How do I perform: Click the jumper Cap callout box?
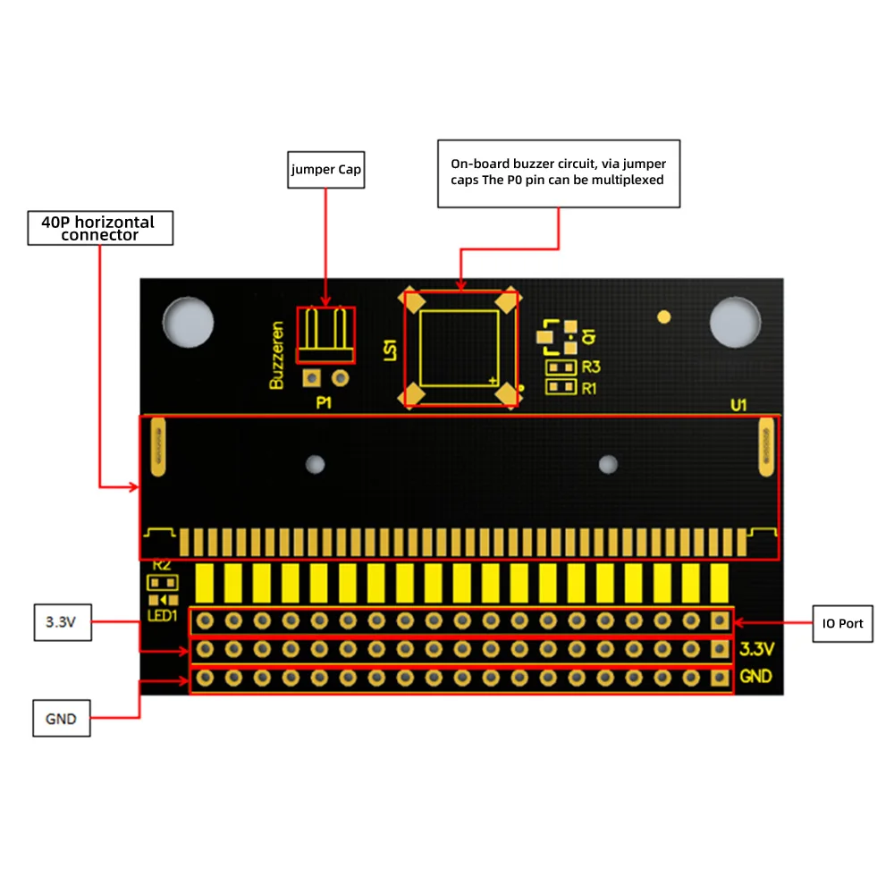pos(325,169)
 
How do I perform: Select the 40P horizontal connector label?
pos(100,228)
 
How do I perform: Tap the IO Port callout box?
pos(843,623)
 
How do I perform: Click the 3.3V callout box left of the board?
pos(62,622)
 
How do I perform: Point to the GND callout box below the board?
pos(62,718)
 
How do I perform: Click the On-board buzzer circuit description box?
pos(559,173)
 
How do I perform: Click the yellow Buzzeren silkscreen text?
pos(277,355)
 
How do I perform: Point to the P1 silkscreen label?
pos(324,403)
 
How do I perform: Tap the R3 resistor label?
pos(590,367)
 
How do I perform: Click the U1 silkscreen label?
pos(738,405)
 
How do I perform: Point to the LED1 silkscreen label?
pos(162,617)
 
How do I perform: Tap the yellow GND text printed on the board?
pos(756,677)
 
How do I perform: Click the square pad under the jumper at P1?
pos(311,378)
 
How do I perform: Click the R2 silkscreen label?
pos(162,565)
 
